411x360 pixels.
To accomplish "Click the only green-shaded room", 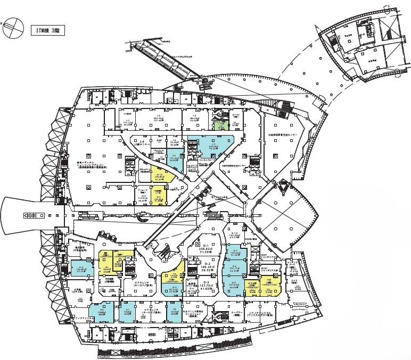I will coord(220,125).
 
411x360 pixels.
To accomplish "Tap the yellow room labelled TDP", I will coord(269,284).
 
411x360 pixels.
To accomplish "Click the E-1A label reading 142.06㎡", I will coord(236,236).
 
